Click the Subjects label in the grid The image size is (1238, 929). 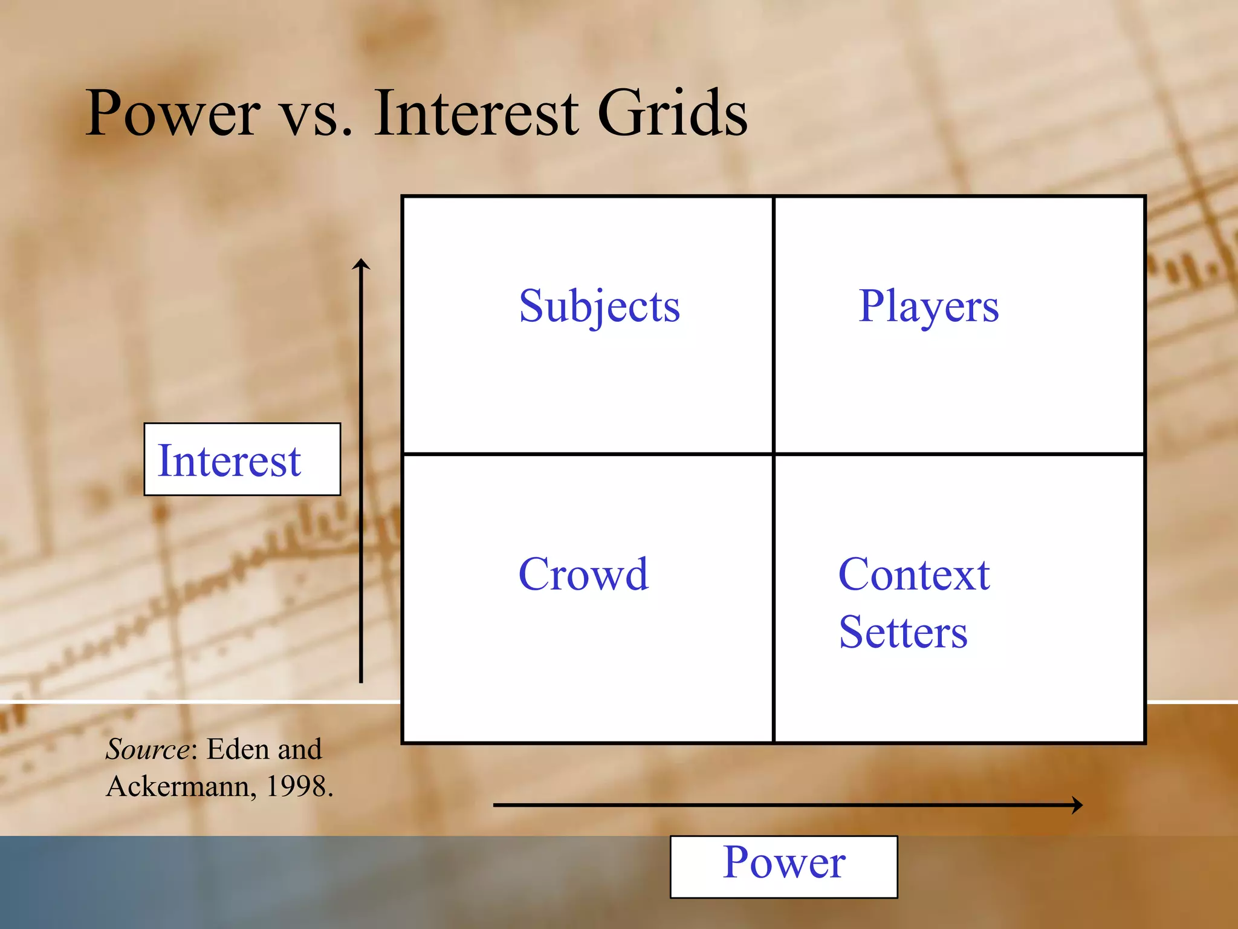(599, 307)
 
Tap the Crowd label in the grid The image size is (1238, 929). (583, 574)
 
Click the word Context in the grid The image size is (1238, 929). (913, 574)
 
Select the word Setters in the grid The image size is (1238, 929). (903, 633)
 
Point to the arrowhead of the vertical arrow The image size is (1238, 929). (361, 262)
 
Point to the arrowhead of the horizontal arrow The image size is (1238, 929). (1078, 805)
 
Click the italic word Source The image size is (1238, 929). (147, 749)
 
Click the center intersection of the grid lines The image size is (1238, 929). (773, 454)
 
